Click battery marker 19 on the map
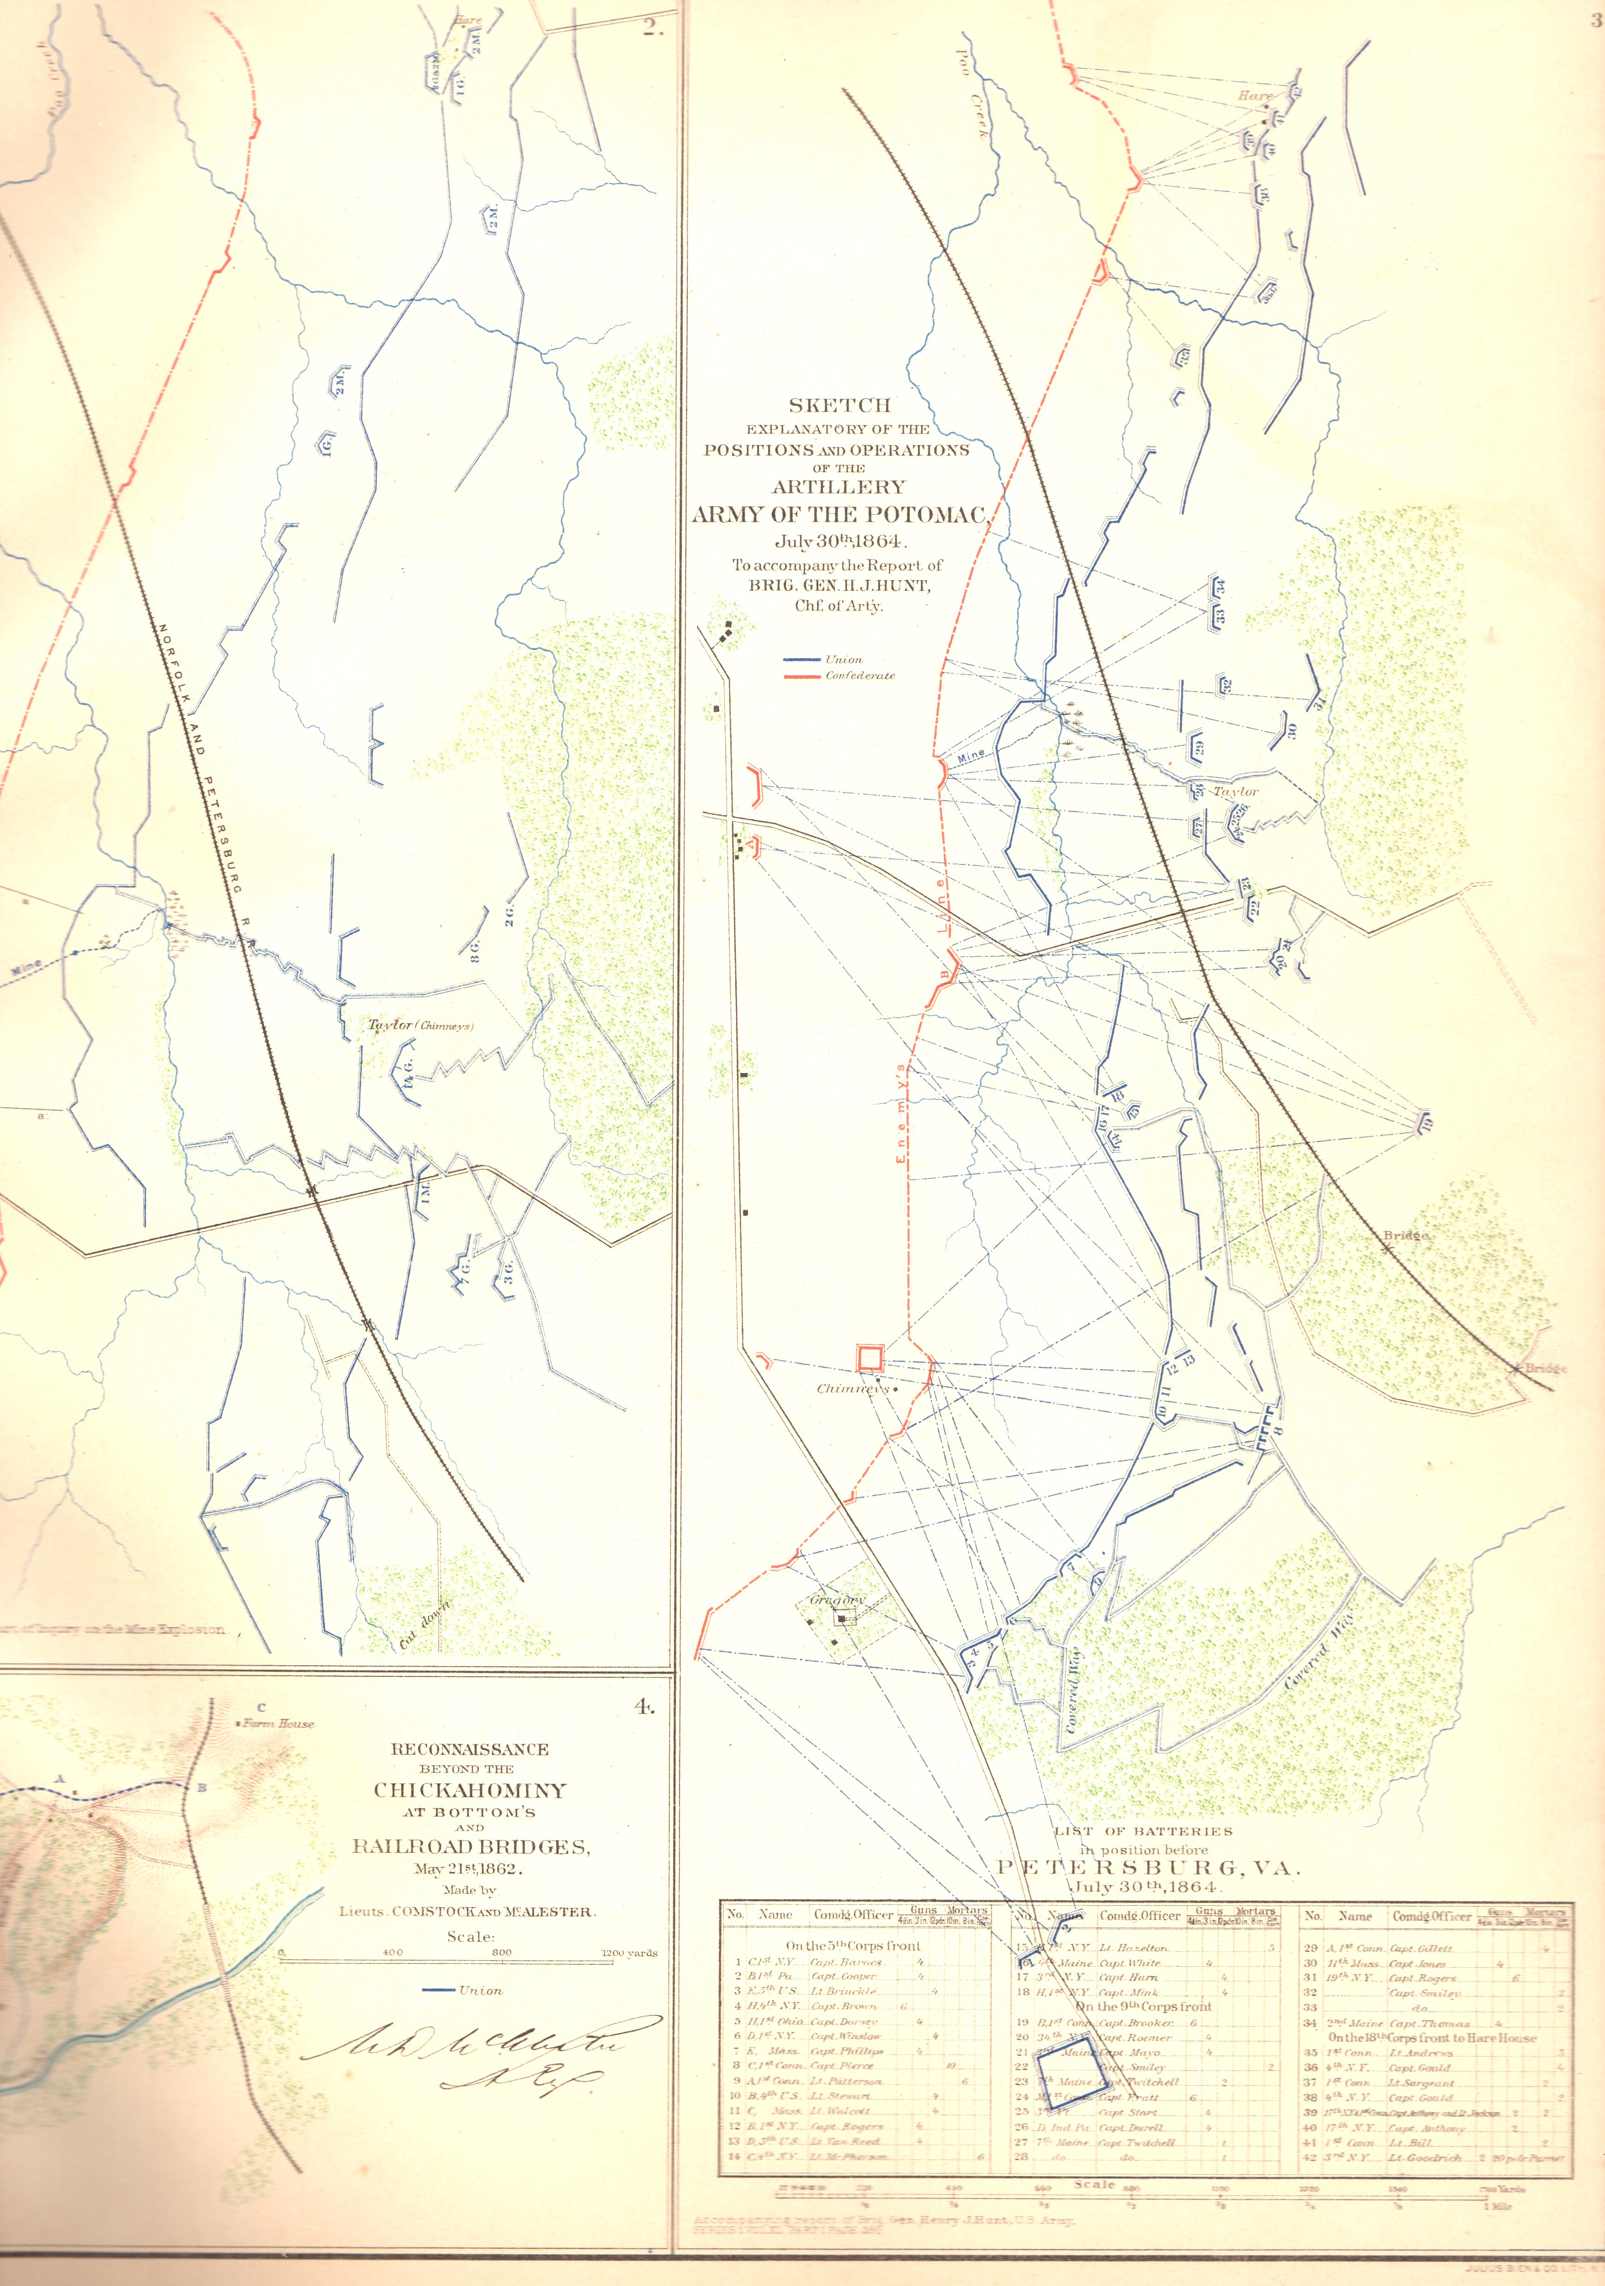coord(1426,1123)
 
